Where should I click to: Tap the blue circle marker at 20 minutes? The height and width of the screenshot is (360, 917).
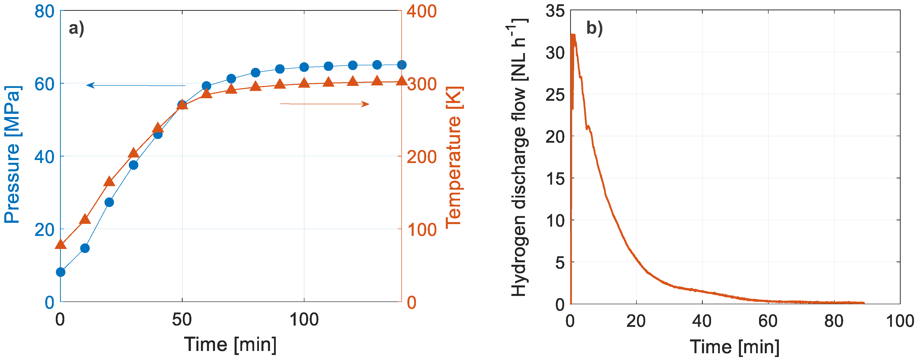click(x=109, y=202)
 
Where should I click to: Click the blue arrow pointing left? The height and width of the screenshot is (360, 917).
click(x=135, y=85)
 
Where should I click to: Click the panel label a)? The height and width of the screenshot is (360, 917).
click(x=76, y=28)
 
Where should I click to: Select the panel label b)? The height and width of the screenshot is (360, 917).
click(x=594, y=28)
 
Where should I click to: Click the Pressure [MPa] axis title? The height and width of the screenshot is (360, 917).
click(x=13, y=155)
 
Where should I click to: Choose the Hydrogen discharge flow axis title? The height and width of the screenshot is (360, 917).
click(x=519, y=157)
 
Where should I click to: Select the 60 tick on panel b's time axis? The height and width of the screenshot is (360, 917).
click(x=768, y=321)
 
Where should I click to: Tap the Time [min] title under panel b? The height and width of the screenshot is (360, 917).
click(x=734, y=346)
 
